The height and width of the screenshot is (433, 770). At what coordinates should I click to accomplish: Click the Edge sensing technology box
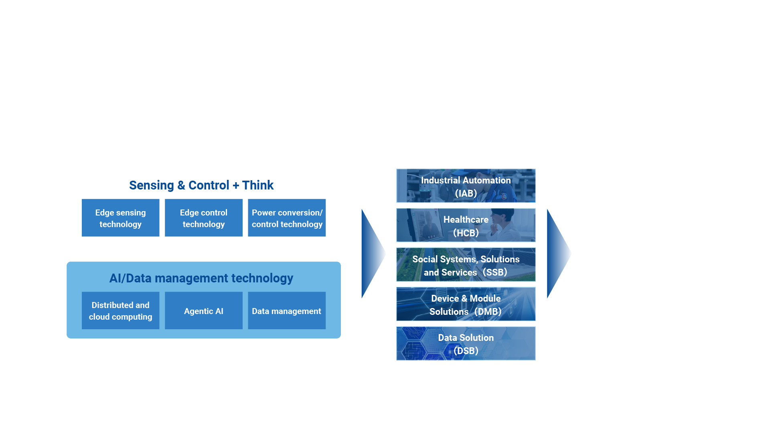(120, 218)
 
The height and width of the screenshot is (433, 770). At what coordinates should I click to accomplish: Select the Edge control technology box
(203, 218)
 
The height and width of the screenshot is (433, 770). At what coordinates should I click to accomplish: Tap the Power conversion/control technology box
(287, 218)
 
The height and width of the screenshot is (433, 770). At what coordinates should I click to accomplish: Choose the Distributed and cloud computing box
(120, 310)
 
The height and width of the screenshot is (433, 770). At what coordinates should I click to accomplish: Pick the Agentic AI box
(203, 310)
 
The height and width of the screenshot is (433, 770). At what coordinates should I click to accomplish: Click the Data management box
(287, 310)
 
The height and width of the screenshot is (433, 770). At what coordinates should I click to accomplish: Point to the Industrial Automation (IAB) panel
(466, 186)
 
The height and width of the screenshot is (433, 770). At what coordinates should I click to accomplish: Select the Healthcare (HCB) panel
(466, 225)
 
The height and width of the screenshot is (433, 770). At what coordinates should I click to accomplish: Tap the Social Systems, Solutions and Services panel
(466, 265)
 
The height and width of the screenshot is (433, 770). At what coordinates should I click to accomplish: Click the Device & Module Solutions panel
(466, 304)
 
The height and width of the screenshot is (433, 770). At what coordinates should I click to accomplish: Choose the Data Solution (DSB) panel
(466, 343)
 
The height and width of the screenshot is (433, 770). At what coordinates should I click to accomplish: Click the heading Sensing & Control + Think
(201, 185)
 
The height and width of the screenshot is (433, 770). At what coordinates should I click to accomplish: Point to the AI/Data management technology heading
(201, 278)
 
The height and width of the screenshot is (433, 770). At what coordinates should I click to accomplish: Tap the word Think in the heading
(257, 185)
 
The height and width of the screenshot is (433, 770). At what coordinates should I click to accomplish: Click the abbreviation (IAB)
(466, 193)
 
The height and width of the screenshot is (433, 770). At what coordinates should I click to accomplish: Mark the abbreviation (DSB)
(466, 351)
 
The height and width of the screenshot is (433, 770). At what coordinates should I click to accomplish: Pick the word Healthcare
(466, 220)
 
